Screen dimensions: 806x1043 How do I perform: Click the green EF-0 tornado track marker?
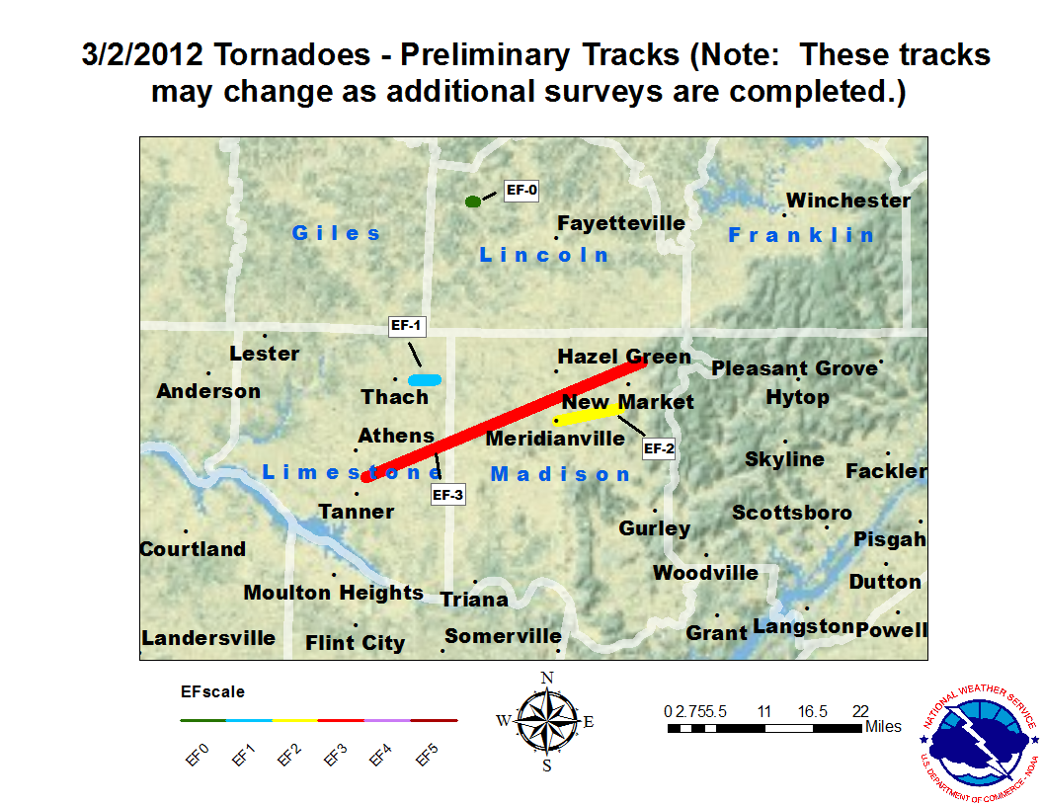[473, 201]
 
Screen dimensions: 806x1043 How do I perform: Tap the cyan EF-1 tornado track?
[425, 379]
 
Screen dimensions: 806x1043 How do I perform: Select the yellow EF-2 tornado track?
[591, 413]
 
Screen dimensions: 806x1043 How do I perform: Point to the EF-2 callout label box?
[659, 448]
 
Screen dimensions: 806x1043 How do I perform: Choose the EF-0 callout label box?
[521, 189]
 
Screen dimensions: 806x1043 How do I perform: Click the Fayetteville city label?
[621, 223]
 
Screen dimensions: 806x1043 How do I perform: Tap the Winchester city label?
[848, 201]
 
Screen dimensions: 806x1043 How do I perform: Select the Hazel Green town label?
[624, 357]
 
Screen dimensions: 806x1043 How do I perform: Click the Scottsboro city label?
[791, 513]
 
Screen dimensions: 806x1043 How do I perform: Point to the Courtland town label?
[193, 549]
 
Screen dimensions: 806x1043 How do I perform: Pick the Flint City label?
[356, 643]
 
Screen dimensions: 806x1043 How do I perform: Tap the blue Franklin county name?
[801, 234]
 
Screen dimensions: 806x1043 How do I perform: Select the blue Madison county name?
[560, 474]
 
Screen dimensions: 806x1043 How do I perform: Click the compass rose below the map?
[546, 721]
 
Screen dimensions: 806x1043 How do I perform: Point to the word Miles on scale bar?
[883, 727]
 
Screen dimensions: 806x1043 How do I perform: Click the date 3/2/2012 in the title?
[144, 54]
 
